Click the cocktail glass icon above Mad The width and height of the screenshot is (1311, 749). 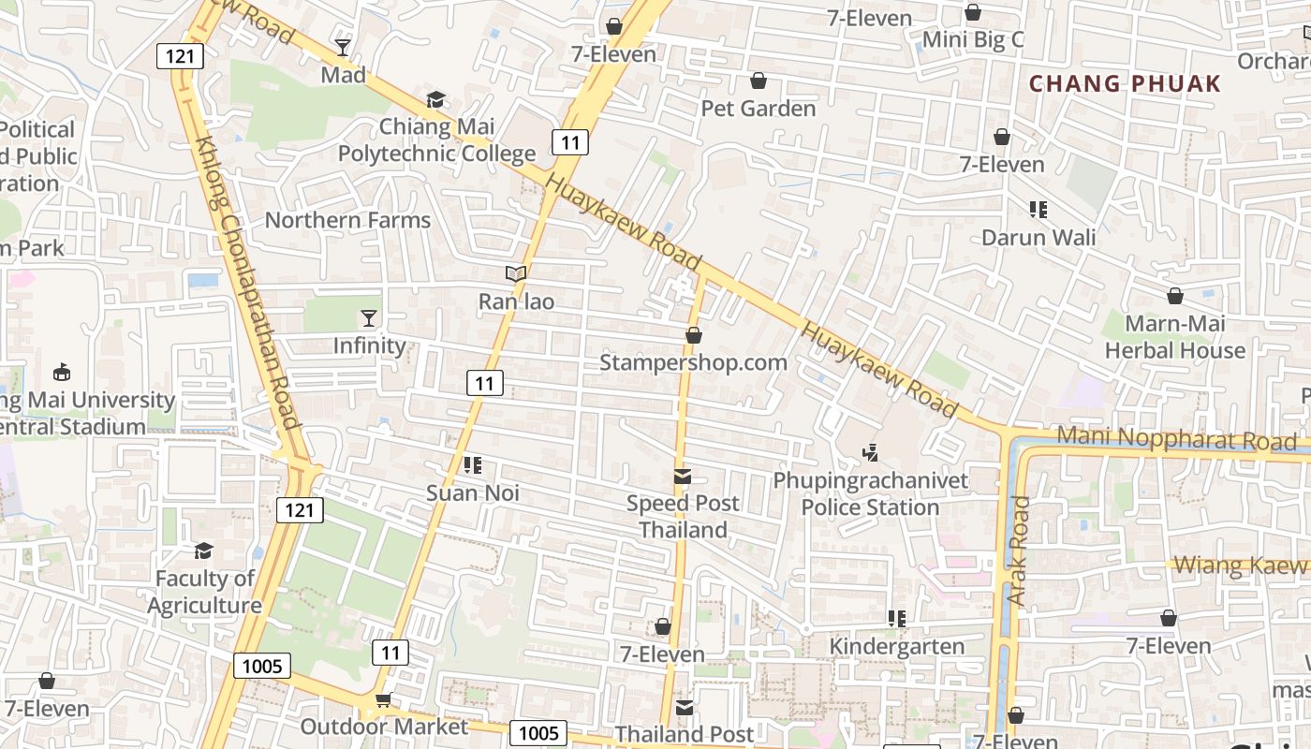point(343,47)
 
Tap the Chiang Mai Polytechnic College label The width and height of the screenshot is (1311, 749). point(436,140)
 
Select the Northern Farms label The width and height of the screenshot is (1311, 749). point(347,220)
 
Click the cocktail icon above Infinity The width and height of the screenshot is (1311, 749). point(369,318)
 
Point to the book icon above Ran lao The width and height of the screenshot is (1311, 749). point(516,273)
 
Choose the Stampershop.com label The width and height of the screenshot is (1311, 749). point(693,362)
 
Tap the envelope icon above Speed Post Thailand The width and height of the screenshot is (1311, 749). point(683,477)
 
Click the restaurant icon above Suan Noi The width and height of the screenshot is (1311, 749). point(473,465)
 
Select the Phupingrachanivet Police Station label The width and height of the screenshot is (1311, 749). point(870,494)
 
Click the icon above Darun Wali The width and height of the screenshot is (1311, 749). point(1038,210)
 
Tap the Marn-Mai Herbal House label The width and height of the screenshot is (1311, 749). point(1175,337)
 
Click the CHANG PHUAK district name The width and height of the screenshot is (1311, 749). point(1125,83)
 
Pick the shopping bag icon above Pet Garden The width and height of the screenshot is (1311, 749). point(759,81)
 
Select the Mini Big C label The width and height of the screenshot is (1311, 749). point(973,40)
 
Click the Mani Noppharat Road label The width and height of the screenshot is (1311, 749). point(1176,438)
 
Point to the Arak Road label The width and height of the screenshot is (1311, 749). point(1018,551)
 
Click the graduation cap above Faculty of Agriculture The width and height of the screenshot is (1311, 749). point(204,551)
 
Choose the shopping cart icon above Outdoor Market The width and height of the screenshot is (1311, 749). point(383,699)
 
